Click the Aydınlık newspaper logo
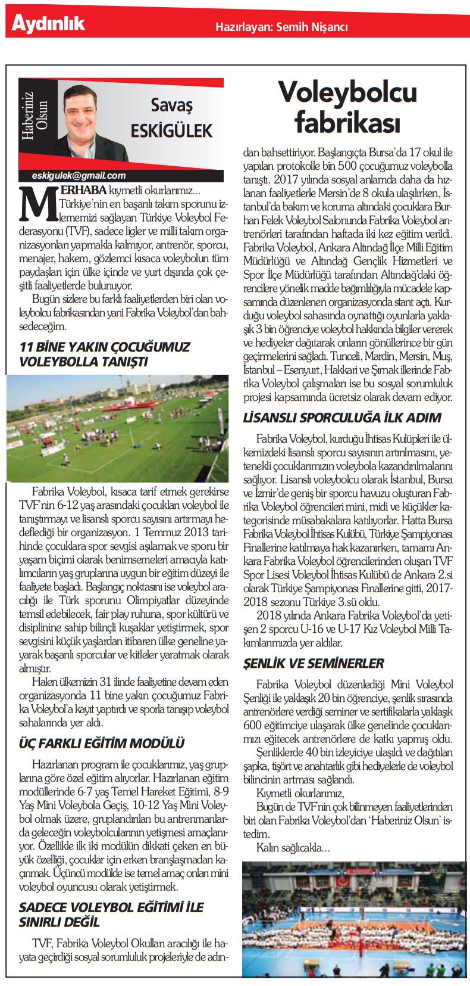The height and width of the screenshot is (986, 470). (x=49, y=24)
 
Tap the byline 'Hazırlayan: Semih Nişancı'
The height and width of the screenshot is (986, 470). (x=281, y=27)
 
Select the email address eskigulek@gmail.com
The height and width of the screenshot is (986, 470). (x=80, y=175)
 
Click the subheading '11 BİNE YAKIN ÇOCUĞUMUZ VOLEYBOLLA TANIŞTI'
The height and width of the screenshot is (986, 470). (x=105, y=354)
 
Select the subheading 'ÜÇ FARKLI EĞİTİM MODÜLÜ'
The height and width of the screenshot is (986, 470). (x=102, y=743)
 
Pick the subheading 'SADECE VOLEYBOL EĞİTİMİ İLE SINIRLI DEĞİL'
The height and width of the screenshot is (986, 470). (x=111, y=915)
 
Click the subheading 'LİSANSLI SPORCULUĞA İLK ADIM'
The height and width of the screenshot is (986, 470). (x=341, y=417)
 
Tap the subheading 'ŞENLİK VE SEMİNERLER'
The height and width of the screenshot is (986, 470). (x=314, y=663)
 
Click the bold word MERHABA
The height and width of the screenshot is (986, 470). (x=83, y=190)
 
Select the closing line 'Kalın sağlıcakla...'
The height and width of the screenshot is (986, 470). (x=293, y=847)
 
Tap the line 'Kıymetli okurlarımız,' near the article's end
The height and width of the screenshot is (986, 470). (x=300, y=793)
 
